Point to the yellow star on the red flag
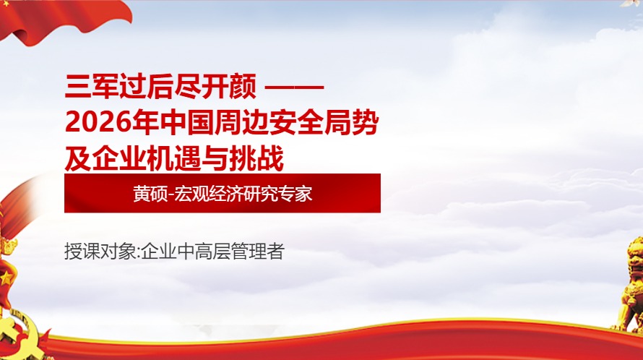[6, 278]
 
